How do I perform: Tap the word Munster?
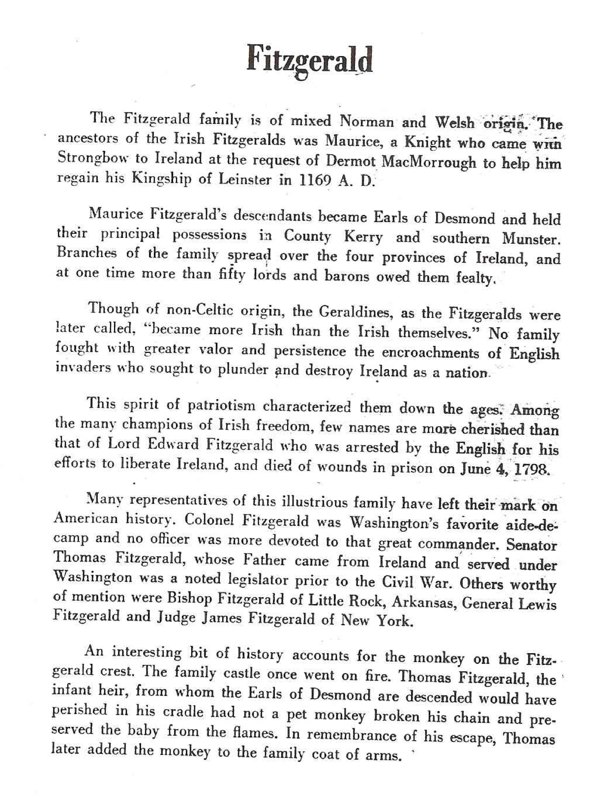(531, 239)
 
